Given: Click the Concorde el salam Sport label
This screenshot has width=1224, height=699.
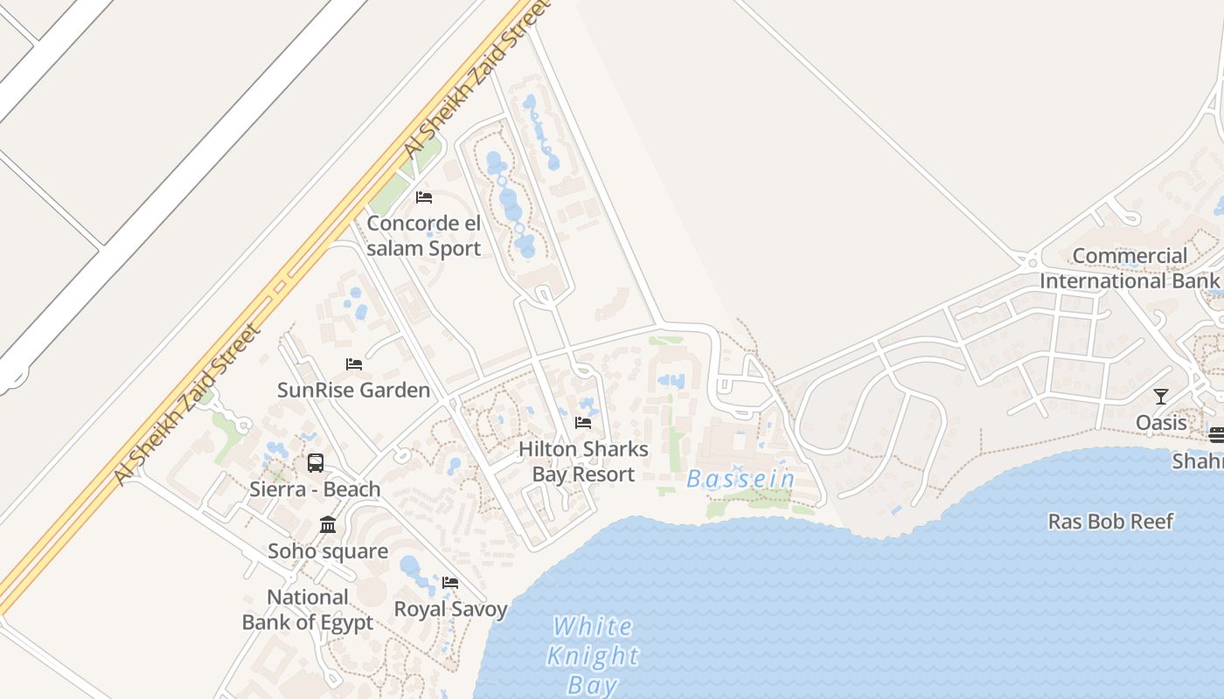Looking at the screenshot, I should pos(424,236).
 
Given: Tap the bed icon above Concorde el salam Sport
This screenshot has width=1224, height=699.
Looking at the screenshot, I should pos(424,197).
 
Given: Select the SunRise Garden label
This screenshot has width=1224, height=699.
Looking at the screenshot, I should pos(353,390).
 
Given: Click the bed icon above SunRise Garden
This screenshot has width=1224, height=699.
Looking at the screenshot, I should pos(354,363).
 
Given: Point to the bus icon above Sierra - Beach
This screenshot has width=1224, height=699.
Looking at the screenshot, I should pos(316,463).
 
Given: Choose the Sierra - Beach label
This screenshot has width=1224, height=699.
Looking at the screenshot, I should pos(315,489).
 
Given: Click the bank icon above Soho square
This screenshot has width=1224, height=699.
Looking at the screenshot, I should pos(328,524).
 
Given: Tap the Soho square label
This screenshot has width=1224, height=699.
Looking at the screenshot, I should pos(328,551).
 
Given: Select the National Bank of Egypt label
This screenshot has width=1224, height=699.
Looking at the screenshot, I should pos(308,610).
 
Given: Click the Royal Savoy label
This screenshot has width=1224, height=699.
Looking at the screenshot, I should pos(450,609).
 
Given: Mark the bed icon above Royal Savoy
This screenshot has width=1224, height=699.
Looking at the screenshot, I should pos(450,582).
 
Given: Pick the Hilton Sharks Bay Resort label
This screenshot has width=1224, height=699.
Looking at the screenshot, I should pos(583,461).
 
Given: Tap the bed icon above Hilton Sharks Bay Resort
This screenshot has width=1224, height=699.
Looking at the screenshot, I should pos(583,423).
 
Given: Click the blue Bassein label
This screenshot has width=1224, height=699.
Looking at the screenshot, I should pos(741,479).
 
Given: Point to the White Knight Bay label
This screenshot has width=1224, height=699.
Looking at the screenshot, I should pos(593,655).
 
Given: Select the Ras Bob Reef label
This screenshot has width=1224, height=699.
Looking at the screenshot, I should pos(1110,522).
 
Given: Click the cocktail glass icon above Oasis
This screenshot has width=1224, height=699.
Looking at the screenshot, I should pos(1161,397).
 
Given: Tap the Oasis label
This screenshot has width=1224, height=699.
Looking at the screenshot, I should pos(1161,423).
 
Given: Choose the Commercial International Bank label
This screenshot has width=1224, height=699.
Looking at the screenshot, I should pos(1129,268).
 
